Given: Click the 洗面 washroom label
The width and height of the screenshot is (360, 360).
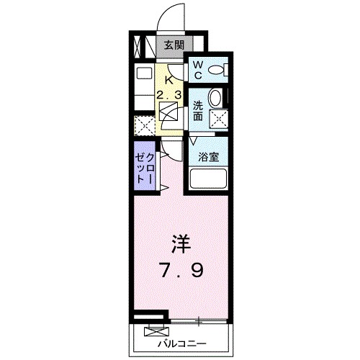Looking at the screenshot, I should click(197, 110).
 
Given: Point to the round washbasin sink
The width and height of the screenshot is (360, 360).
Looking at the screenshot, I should click(215, 99).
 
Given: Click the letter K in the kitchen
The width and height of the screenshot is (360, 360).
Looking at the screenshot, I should click(169, 80).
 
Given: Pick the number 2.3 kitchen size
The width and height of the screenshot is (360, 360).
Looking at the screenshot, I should click(170, 94).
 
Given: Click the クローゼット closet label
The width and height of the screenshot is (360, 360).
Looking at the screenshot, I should click(144, 167).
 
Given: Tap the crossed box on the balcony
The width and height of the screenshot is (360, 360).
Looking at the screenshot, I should click(154, 331).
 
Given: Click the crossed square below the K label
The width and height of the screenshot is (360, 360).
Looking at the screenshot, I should click(169, 112).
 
